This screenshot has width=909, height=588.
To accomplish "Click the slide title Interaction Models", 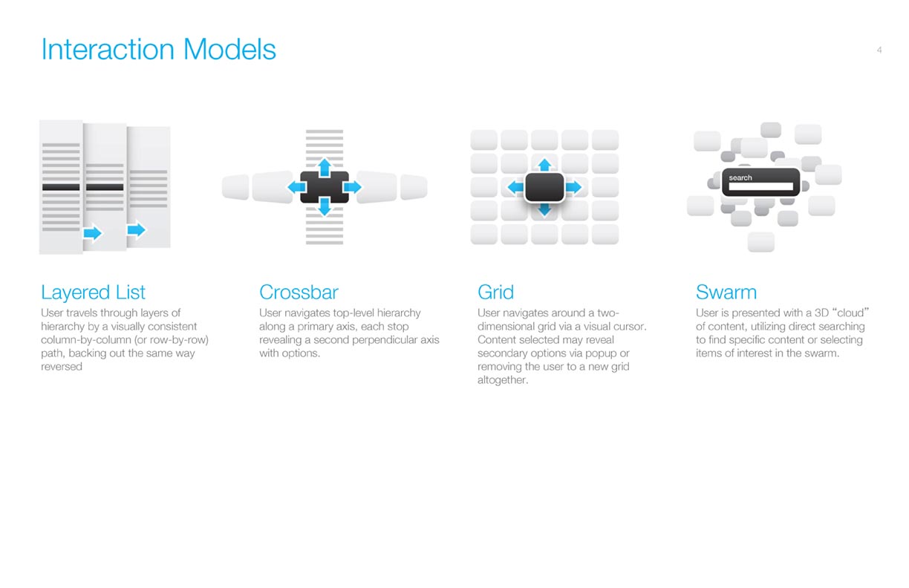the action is coord(158,50).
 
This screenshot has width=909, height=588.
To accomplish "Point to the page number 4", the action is coord(879,50).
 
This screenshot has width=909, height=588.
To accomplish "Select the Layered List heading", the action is coord(93,293).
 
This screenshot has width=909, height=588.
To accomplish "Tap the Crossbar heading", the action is coord(299,293).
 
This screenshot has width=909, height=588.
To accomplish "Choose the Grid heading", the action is coord(495,293).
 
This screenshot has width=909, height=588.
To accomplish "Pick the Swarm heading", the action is coord(726,293).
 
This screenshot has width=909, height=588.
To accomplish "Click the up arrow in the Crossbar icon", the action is coord(325,167).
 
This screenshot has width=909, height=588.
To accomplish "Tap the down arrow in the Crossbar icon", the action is coord(325,206).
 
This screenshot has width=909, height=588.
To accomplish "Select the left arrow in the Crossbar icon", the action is coord(296,187).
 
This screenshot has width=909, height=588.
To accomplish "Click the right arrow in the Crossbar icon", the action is coord(352,187).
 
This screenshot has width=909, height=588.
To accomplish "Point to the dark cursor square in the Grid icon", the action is coord(544,187).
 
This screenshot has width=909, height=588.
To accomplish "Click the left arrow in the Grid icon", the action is coord(516,187).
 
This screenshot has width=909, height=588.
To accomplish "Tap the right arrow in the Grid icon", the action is coord(573,187).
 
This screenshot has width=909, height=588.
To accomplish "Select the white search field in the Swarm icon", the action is coord(761,186).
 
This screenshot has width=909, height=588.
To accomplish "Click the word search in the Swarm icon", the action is coord(740,177).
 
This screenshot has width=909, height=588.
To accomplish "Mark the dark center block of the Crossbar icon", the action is coord(325,187).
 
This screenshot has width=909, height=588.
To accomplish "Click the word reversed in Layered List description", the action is coord(62,367).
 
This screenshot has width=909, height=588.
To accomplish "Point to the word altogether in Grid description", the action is coord(503,380).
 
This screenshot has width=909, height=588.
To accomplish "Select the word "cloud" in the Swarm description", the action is coord(850,313).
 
